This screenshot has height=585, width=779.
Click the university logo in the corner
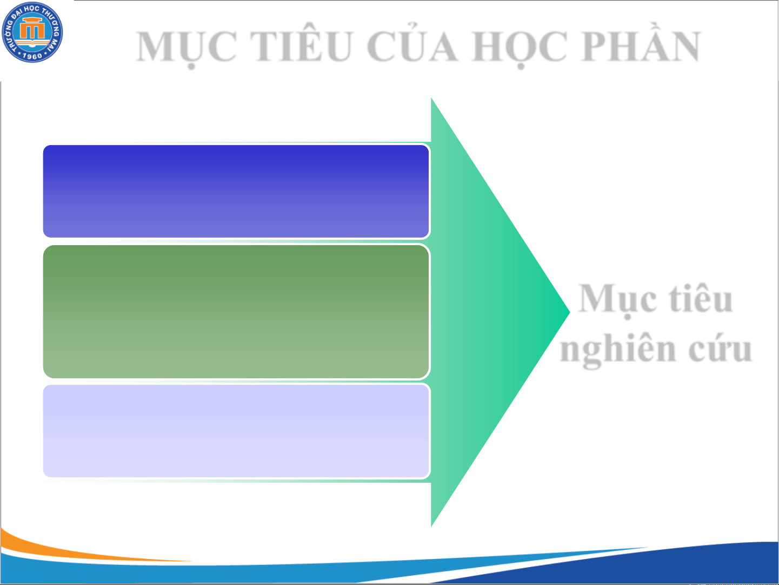pyautogui.click(x=32, y=32)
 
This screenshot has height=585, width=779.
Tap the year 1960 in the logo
pyautogui.click(x=32, y=56)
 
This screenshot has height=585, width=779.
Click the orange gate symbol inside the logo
pyautogui.click(x=32, y=29)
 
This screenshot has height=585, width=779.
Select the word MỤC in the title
pyautogui.click(x=187, y=48)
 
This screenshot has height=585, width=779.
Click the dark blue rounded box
pyautogui.click(x=236, y=191)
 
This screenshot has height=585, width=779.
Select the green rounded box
pyautogui.click(x=236, y=312)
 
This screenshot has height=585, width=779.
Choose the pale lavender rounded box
pyautogui.click(x=236, y=431)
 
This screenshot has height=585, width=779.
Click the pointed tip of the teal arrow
pyautogui.click(x=569, y=312)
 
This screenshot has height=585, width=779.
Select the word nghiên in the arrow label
pyautogui.click(x=618, y=350)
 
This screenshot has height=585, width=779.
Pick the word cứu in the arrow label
pyautogui.click(x=721, y=350)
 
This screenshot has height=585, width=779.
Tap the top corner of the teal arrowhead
pyautogui.click(x=431, y=98)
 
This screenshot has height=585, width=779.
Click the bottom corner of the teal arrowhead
pyautogui.click(x=431, y=526)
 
